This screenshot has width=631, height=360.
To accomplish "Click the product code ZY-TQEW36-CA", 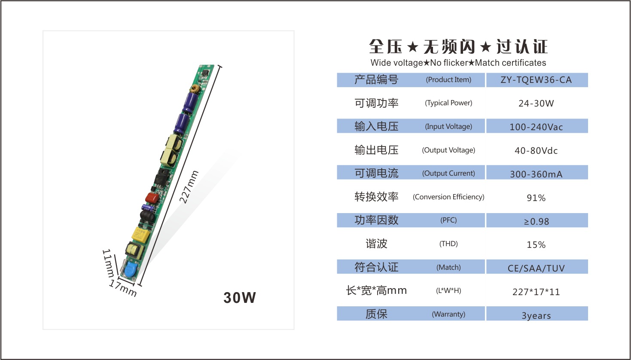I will click(x=536, y=80).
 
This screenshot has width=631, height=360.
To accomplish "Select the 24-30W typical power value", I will click(x=536, y=104).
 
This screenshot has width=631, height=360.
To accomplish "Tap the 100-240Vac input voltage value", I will click(x=536, y=127).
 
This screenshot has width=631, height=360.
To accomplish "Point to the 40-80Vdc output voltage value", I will click(x=536, y=151).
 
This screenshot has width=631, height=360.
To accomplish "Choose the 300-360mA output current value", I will click(x=536, y=174).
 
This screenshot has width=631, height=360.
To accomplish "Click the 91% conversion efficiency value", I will click(x=536, y=198).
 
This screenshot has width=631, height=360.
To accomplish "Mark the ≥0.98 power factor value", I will click(x=536, y=221).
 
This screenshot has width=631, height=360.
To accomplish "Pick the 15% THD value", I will click(x=536, y=245).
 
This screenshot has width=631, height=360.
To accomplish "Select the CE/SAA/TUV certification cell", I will click(x=536, y=268).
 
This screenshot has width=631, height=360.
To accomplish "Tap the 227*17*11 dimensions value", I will click(x=536, y=292).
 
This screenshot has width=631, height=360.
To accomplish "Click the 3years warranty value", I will click(x=536, y=316).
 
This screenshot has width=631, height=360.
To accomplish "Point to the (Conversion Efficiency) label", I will click(x=448, y=197).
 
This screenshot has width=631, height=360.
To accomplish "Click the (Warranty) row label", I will click(x=448, y=314).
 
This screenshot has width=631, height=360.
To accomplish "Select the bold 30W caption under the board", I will click(x=239, y=298).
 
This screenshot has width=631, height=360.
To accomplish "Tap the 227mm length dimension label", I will click(x=189, y=187).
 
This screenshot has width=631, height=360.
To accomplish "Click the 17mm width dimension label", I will click(x=123, y=288).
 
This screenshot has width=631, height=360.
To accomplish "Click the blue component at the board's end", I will click(x=130, y=270).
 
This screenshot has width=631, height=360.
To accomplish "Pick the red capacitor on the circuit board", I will click(x=152, y=198).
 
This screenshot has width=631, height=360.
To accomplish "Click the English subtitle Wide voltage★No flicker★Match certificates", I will click(x=458, y=63).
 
